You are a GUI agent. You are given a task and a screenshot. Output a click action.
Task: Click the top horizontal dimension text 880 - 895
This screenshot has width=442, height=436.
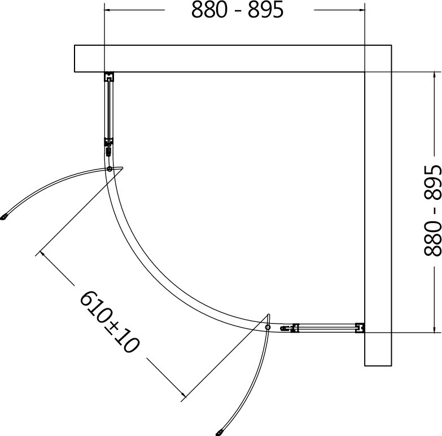tap(237, 10)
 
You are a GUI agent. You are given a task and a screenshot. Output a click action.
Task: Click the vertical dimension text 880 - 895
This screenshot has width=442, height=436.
tap(432, 211)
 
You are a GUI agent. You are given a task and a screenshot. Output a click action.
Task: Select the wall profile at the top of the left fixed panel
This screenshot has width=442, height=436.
tap(109, 76)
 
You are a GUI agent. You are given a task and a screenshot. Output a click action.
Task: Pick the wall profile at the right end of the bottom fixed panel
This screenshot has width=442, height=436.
tap(360, 328)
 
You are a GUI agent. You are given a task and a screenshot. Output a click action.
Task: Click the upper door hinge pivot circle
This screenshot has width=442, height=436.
tap(110, 169)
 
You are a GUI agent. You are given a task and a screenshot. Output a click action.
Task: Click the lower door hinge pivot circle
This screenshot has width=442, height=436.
tap(268, 327)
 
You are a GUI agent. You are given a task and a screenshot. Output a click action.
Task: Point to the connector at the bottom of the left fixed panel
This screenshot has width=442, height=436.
tap(109, 147)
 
